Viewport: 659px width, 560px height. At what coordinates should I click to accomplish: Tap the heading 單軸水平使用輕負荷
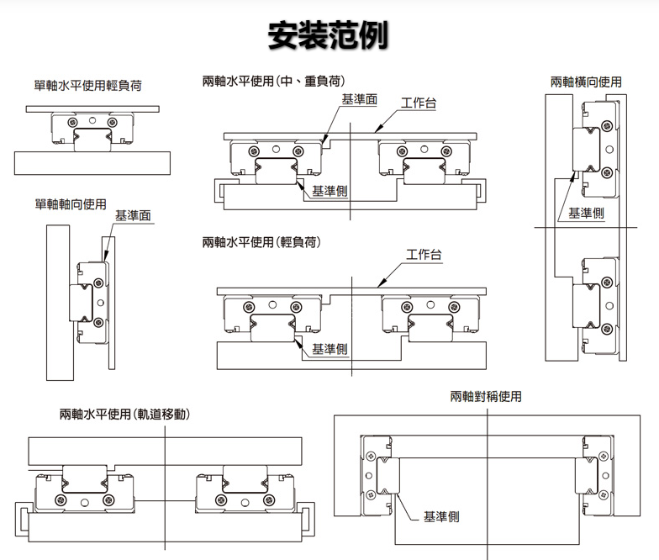87,85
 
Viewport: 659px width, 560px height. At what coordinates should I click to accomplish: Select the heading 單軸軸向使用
71,203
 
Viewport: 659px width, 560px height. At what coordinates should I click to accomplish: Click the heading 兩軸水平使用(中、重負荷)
275,82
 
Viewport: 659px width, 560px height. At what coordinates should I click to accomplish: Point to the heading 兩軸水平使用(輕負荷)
262,242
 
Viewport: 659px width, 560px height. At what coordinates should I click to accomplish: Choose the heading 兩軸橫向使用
587,82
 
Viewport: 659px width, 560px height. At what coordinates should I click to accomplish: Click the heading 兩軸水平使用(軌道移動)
124,415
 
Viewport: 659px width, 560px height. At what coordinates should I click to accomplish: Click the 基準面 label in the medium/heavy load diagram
359,100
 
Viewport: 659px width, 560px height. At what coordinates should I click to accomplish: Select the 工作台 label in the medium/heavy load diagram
418,103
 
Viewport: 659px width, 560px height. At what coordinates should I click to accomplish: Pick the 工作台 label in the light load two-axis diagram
424,254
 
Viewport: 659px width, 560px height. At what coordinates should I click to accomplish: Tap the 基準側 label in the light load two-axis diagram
330,348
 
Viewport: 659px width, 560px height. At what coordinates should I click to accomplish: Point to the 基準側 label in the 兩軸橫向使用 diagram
586,213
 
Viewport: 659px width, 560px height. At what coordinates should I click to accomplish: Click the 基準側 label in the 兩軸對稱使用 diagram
442,516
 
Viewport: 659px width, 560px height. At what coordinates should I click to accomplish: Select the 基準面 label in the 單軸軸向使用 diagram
133,216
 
